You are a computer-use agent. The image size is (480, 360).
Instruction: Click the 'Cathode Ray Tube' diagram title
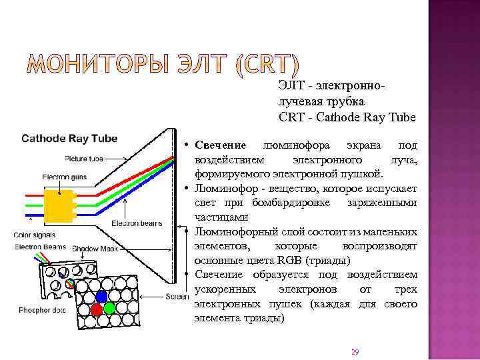69,139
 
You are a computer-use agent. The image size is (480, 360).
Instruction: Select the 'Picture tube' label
83,159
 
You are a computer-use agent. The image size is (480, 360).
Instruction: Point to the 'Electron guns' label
64,177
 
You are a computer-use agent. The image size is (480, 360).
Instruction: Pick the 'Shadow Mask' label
95,248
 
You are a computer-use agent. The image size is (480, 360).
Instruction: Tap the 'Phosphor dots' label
41,310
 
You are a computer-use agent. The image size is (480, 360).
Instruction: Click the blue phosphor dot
102,296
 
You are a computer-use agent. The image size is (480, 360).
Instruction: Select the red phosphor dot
97,309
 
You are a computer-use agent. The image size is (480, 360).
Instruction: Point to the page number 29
355,351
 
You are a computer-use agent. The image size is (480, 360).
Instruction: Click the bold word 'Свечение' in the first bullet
220,145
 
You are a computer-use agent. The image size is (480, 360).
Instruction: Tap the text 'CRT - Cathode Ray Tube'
347,117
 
